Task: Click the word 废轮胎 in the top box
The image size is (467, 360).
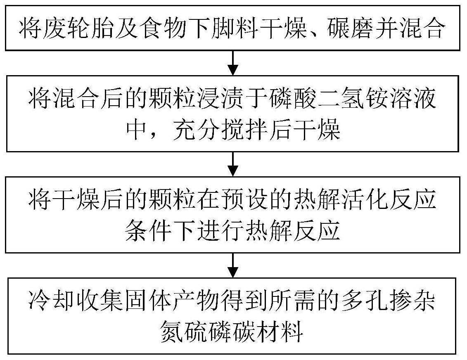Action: click(x=73, y=29)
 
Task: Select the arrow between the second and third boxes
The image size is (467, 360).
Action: click(x=233, y=163)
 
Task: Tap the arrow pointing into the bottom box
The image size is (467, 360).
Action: click(x=233, y=265)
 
